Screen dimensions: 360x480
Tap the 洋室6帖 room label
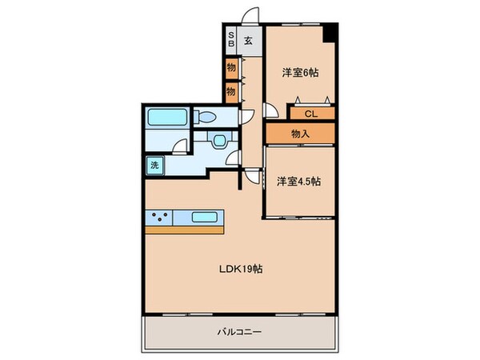(x=300, y=73)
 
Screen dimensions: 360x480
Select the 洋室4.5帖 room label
(x=298, y=181)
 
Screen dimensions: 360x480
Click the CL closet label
(x=306, y=114)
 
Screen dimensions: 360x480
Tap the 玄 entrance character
(x=249, y=42)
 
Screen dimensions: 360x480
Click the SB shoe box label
(x=231, y=41)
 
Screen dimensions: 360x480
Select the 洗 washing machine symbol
(x=152, y=166)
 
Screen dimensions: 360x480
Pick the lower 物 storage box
(x=231, y=91)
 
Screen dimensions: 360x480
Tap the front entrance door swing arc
(x=250, y=18)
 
